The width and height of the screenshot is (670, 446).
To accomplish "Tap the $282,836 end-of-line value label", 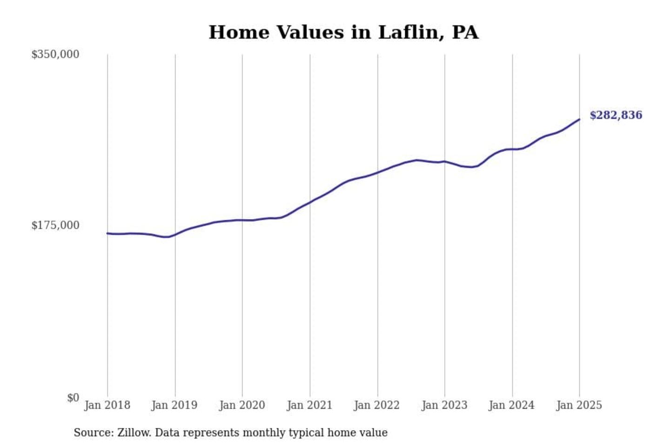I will coord(616,115).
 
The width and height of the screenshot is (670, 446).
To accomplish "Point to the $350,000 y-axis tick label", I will coord(55,54).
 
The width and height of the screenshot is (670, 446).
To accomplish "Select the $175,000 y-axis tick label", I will coord(55,225).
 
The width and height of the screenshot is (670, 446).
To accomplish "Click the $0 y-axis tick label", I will coord(73,398).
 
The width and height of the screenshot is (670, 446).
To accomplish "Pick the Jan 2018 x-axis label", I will coord(107,405).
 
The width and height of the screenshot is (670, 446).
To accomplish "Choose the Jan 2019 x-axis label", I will coord(174,405).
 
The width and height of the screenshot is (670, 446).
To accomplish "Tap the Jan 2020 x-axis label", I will coord(242,405).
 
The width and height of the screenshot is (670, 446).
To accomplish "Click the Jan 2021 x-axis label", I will coord(310,405).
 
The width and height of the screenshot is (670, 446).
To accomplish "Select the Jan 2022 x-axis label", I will coord(377,405).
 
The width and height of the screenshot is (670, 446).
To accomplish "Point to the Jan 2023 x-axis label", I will coord(444,405).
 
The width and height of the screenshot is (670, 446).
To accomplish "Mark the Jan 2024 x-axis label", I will coord(512,405).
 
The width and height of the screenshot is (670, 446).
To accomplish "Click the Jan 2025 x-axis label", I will coord(579,405).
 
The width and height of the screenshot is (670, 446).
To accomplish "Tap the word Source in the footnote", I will coord(93,433).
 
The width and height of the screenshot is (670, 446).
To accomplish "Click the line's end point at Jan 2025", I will coord(579,119).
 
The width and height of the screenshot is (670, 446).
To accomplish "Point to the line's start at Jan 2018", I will coord(107,233).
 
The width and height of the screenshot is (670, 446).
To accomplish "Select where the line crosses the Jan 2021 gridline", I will coord(310,202).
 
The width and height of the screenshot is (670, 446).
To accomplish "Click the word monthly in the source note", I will coord(265,433).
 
